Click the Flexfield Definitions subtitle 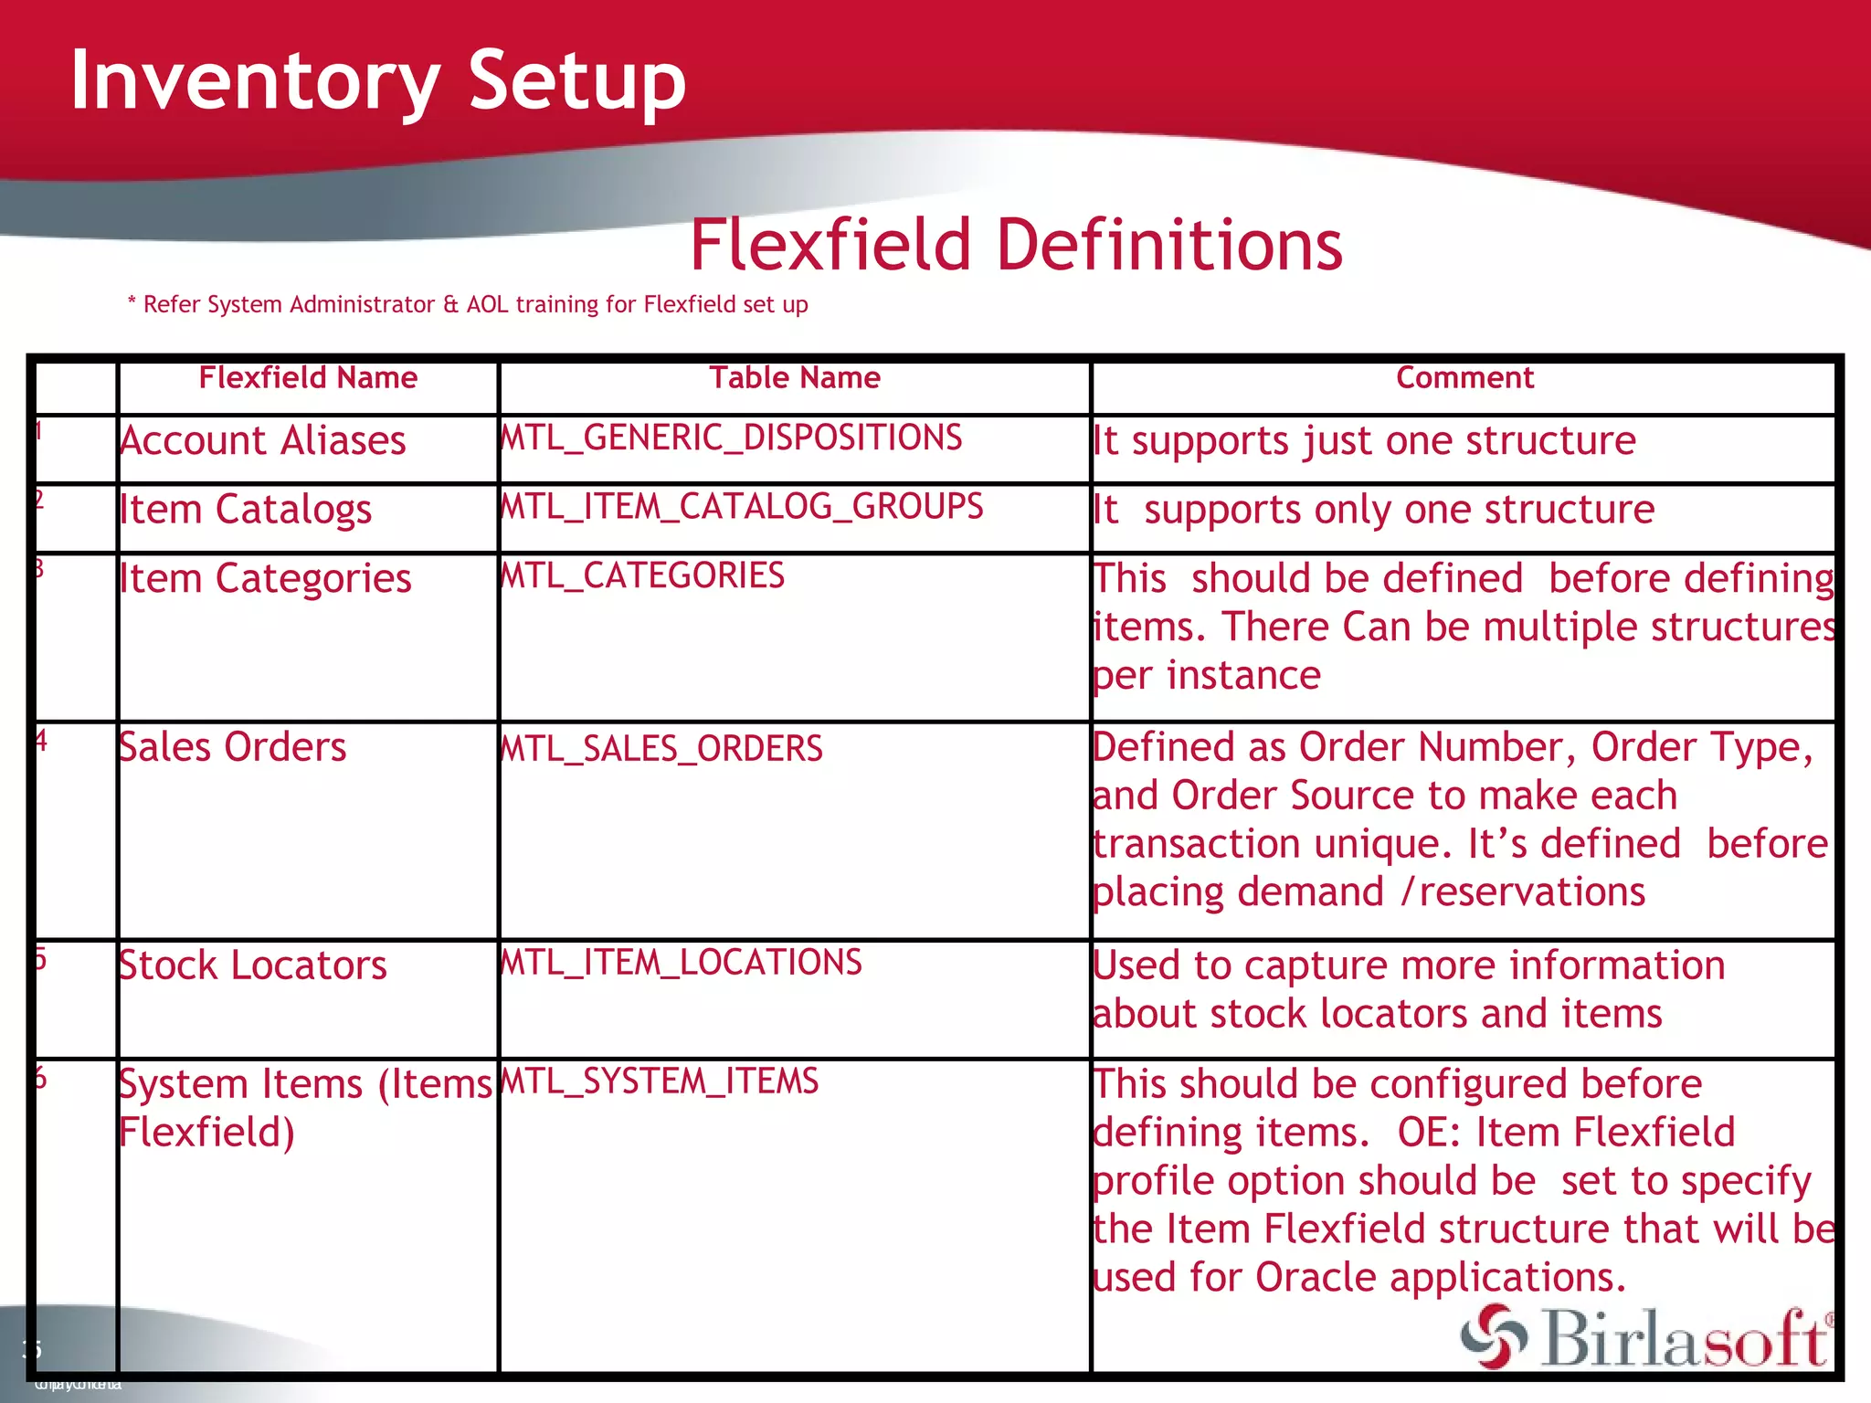(1016, 246)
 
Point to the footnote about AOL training (468, 304)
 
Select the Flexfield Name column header (308, 378)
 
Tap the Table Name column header (795, 378)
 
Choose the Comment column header (1464, 378)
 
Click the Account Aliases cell (263, 441)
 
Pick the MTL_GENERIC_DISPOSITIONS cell (732, 438)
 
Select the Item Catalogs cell (246, 510)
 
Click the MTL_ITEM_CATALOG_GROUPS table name (743, 507)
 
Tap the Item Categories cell (266, 579)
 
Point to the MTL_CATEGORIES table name (643, 576)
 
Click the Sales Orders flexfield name (233, 747)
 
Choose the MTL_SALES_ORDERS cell (662, 749)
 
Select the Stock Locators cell (253, 965)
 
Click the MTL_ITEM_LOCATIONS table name (682, 963)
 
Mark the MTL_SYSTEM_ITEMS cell (661, 1081)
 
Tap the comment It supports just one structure (1365, 441)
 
